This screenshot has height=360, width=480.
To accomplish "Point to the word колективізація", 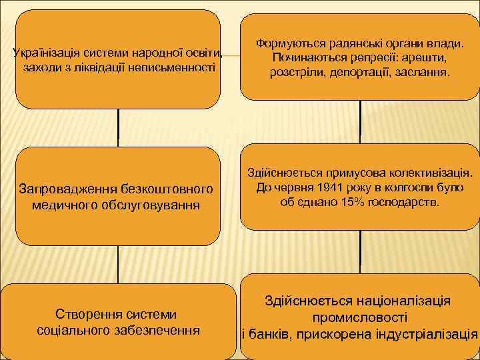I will [435, 172].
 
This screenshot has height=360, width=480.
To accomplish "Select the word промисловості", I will [359, 317].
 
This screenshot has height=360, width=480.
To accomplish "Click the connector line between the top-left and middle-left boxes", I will [118, 127].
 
